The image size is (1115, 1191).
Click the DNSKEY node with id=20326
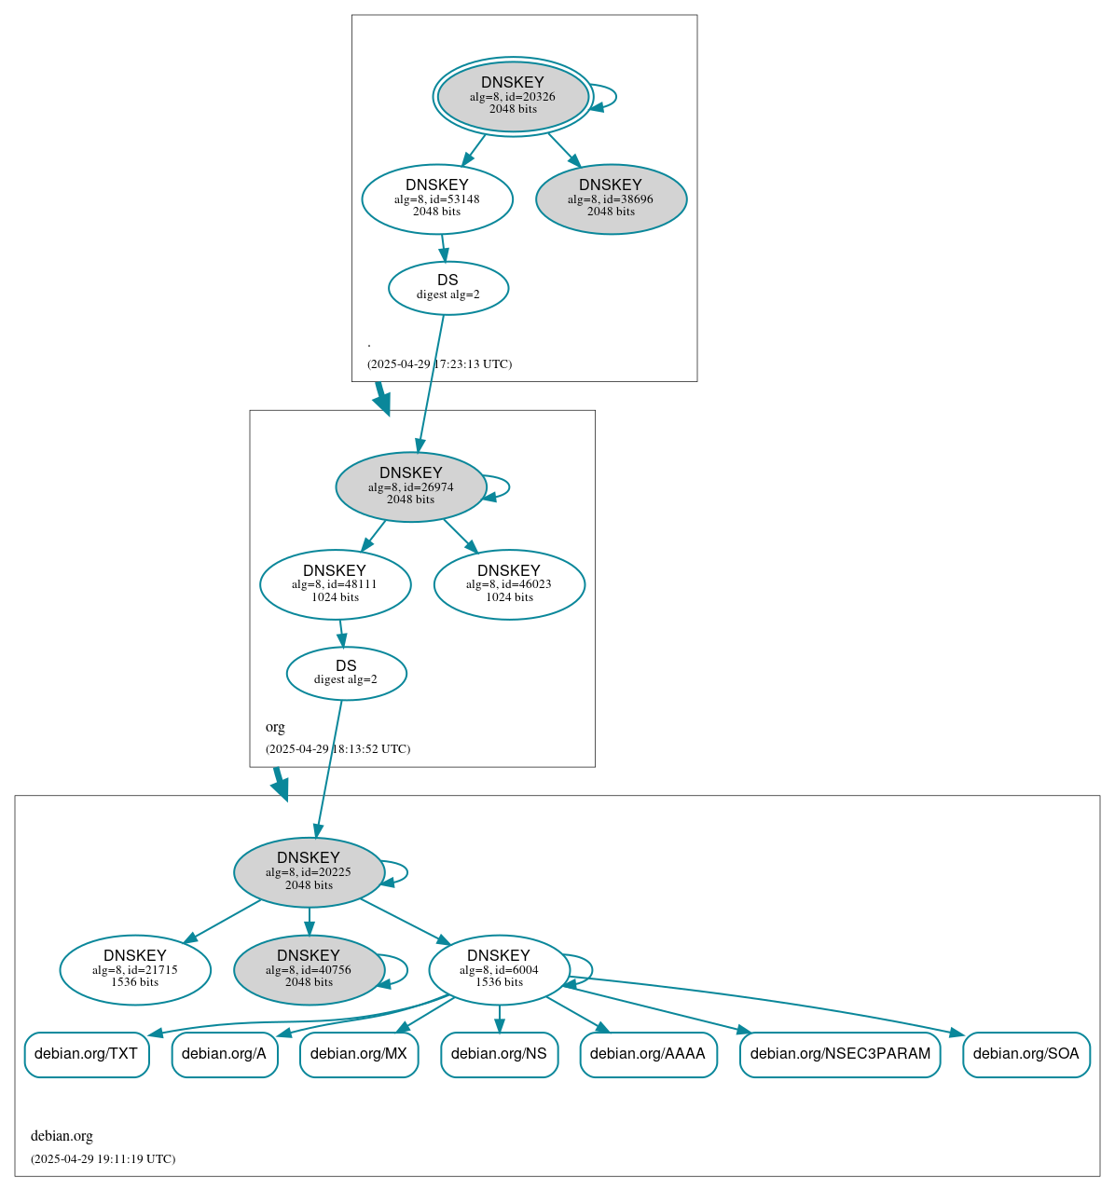click(x=513, y=96)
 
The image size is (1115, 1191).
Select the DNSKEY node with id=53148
click(x=437, y=198)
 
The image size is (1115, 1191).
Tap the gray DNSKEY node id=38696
click(x=611, y=198)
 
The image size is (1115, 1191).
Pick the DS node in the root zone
click(x=448, y=288)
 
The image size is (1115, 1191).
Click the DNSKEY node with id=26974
click(x=411, y=486)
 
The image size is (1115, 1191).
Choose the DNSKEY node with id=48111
click(x=335, y=584)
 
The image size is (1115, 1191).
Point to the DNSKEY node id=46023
click(x=509, y=584)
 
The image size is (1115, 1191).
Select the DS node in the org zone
click(x=346, y=673)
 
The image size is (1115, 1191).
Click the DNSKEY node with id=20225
click(x=309, y=872)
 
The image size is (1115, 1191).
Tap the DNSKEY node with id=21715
click(x=135, y=970)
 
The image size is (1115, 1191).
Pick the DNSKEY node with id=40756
click(x=309, y=970)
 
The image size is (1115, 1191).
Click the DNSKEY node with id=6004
click(x=499, y=970)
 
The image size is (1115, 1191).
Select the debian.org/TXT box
click(x=87, y=1054)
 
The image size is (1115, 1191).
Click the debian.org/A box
click(x=225, y=1054)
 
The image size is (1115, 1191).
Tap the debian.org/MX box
click(x=359, y=1054)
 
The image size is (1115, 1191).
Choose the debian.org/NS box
click(x=499, y=1054)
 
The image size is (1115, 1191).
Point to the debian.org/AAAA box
click(x=648, y=1054)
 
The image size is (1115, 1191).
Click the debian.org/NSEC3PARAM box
click(x=840, y=1054)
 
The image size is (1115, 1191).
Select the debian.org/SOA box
click(x=1026, y=1054)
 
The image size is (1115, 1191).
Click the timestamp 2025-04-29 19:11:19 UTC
click(x=103, y=1159)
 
